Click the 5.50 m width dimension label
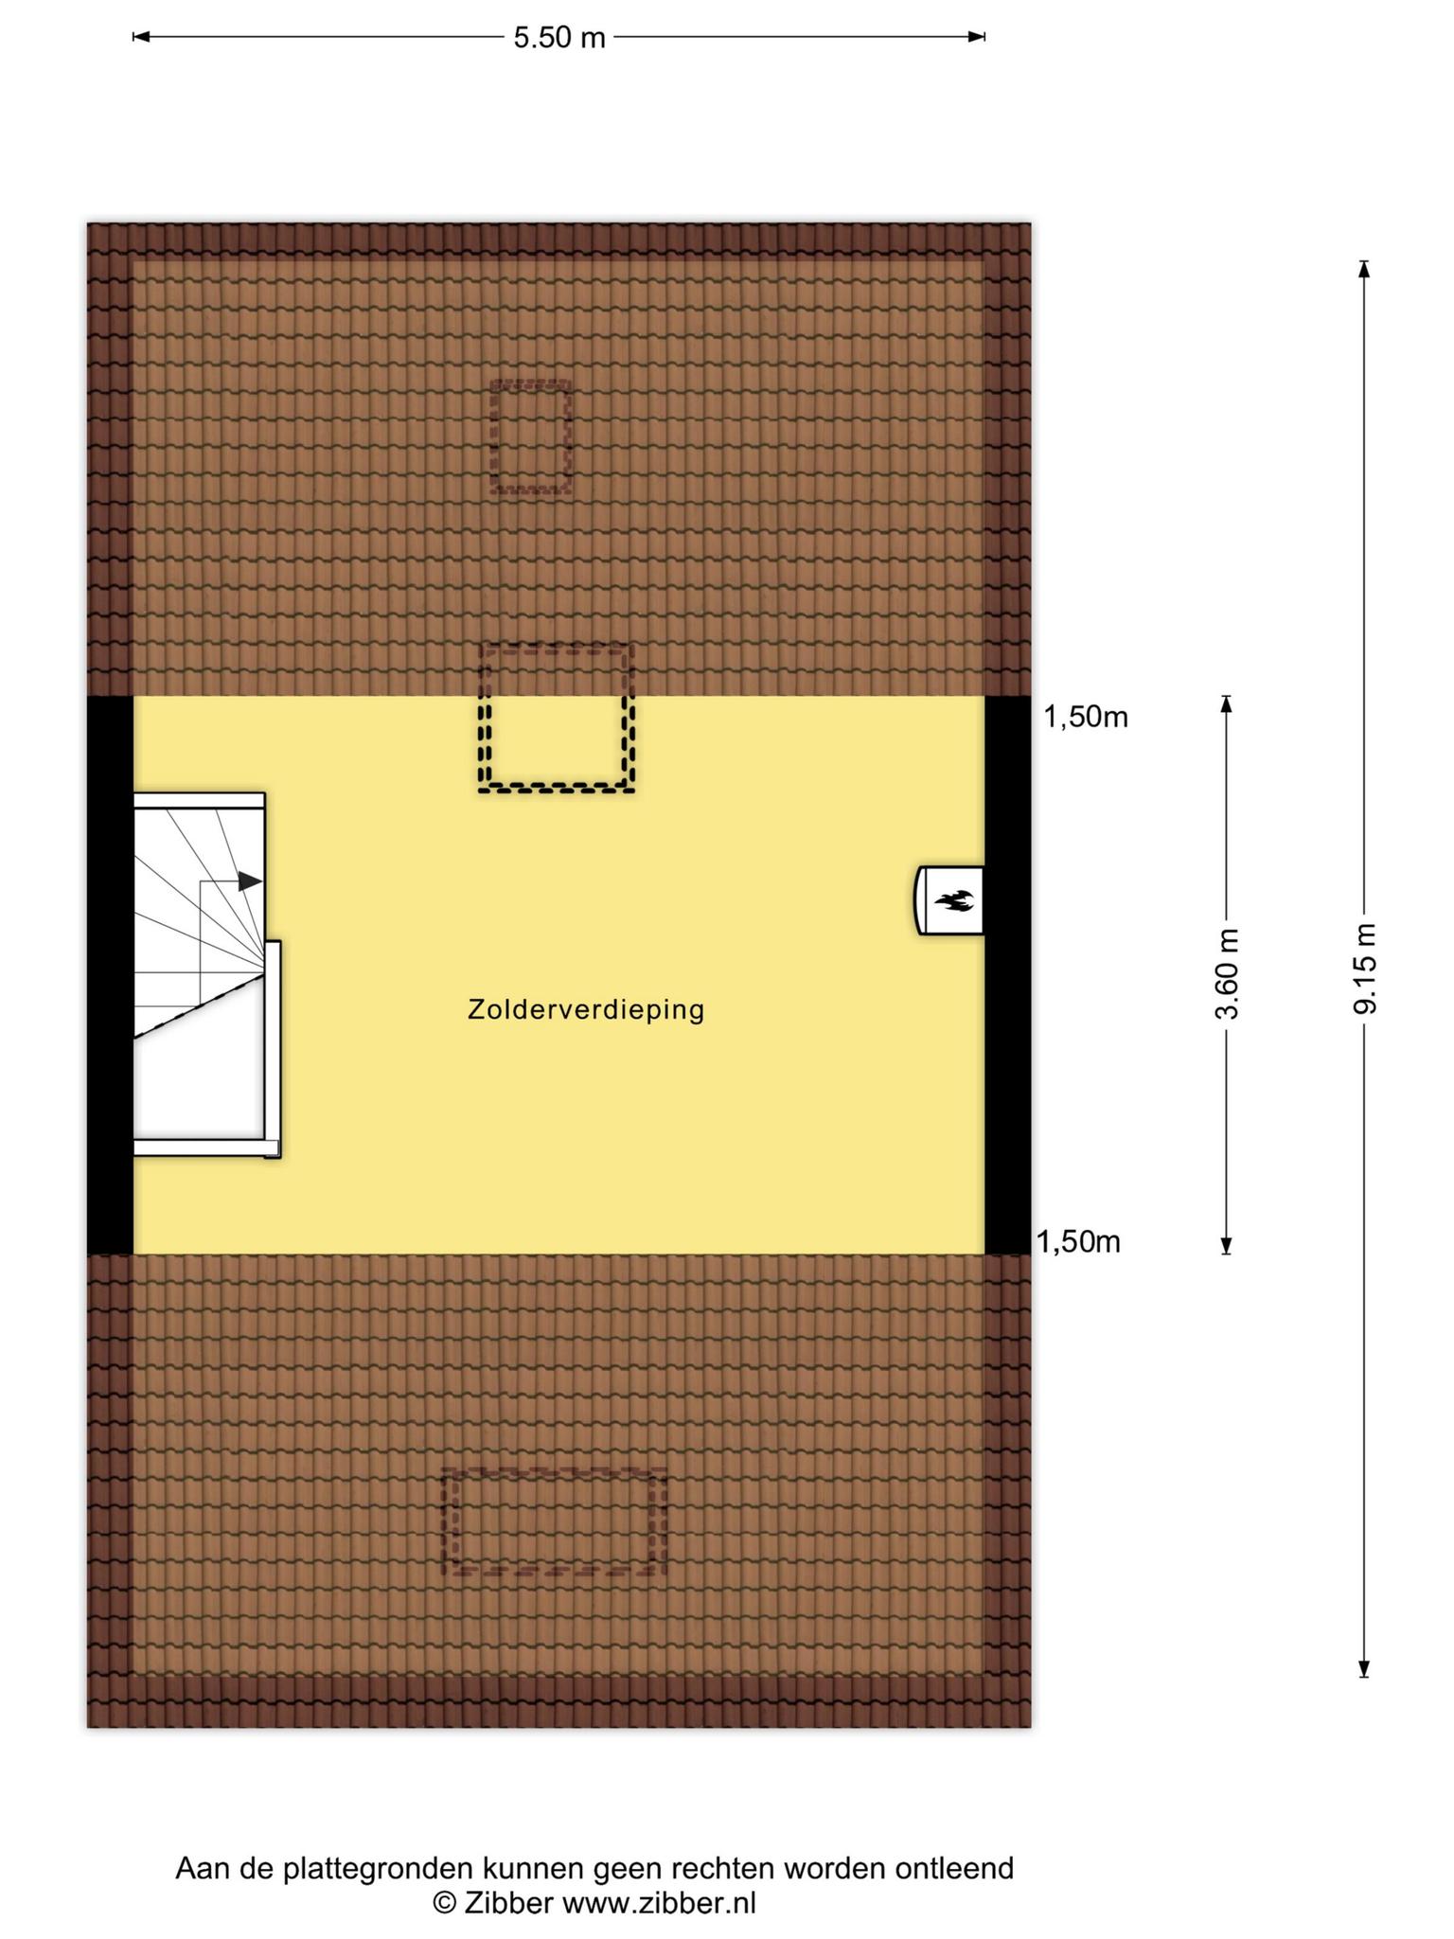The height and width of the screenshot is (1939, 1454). pos(559,38)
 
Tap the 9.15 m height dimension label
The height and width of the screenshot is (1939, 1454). pos(1364,969)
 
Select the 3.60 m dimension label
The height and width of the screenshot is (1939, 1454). pos(1227,974)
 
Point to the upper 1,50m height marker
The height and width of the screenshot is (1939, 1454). pos(1086,718)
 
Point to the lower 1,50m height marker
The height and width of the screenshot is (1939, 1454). pos(1079,1241)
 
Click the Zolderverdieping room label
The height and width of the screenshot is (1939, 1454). pos(586,1010)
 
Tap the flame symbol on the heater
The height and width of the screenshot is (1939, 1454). pos(954,901)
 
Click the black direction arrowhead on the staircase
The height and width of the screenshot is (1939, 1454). pos(250,881)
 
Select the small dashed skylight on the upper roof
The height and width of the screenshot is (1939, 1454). pos(531,436)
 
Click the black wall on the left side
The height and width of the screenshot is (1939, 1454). pos(111,975)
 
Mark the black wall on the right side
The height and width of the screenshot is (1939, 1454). pos(1007,975)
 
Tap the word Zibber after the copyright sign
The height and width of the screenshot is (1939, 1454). pos(508,1903)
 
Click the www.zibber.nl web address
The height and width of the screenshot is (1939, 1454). pos(660,1903)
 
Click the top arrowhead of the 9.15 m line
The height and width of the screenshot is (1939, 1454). pos(1364,268)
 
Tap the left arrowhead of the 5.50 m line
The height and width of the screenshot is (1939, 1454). pos(141,38)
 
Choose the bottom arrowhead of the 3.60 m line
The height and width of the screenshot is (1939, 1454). pos(1227,1246)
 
